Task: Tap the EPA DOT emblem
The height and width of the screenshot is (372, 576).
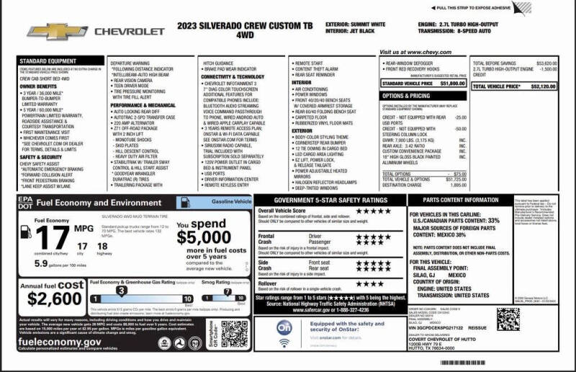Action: pyautogui.click(x=25, y=203)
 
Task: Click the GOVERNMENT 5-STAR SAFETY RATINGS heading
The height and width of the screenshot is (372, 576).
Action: pyautogui.click(x=330, y=200)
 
